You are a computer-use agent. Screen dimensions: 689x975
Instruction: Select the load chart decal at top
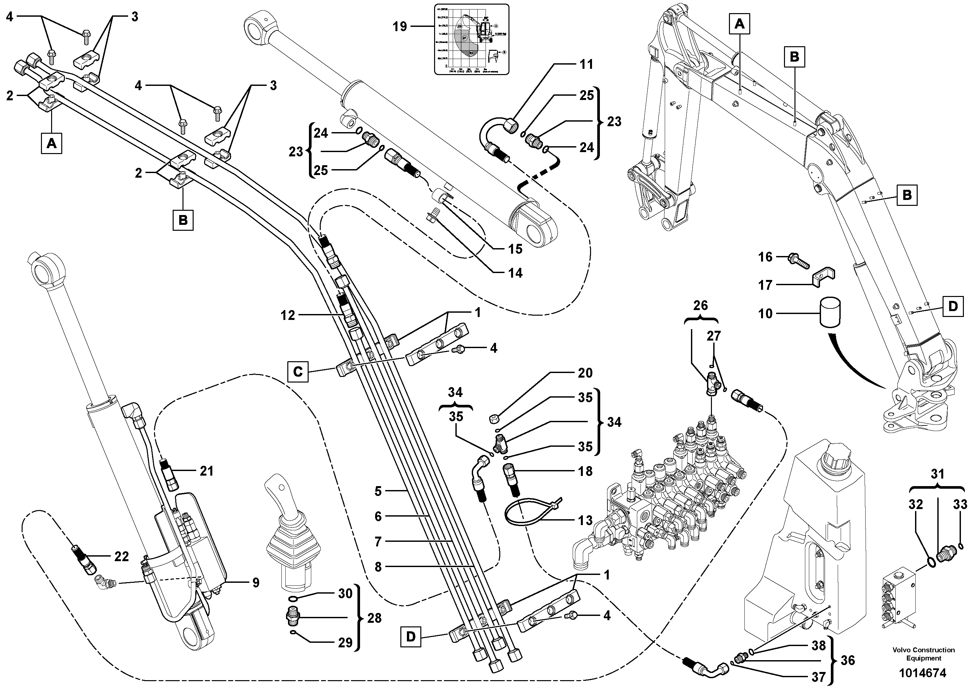pos(471,39)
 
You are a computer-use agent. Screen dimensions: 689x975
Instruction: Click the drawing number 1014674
pos(923,673)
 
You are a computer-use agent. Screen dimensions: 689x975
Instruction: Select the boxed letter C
pos(298,372)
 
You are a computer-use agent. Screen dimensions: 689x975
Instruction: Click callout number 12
pos(288,315)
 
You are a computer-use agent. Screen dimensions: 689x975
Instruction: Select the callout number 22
pos(122,557)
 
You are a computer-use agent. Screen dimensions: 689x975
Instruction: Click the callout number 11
pos(586,65)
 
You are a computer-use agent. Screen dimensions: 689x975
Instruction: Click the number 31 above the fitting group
pos(937,474)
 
